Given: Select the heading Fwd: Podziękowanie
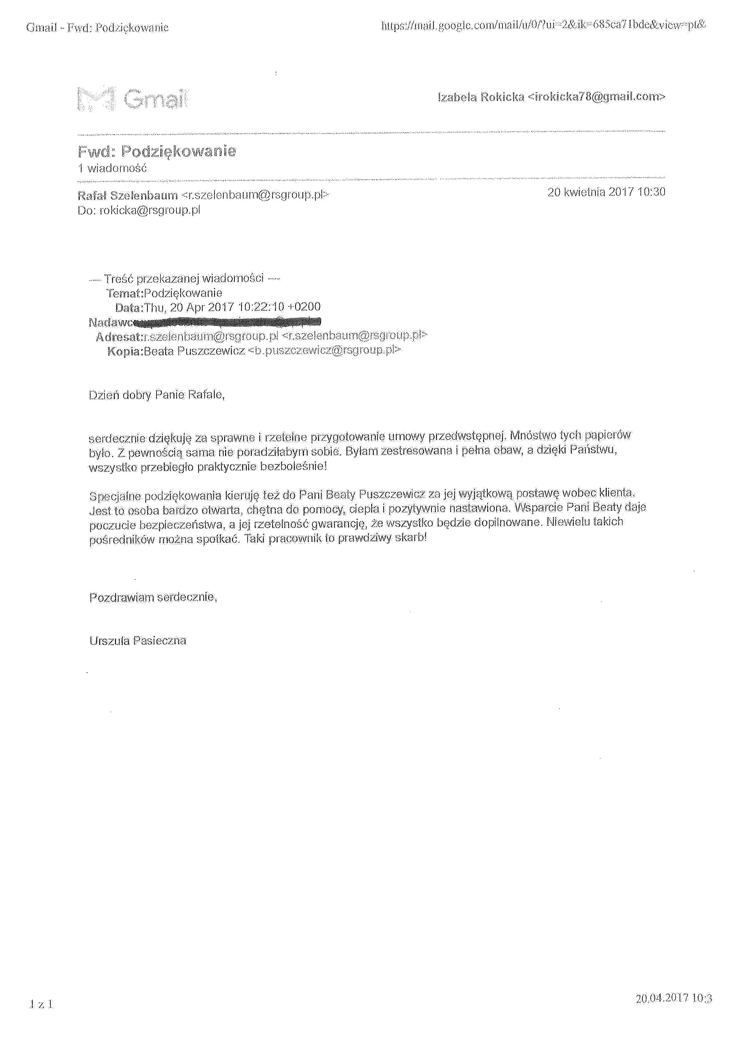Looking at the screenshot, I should (x=157, y=151).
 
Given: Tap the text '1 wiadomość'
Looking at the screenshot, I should (x=113, y=168).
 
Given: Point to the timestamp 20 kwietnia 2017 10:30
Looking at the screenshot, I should (x=606, y=192).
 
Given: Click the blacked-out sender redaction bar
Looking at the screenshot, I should (x=227, y=322).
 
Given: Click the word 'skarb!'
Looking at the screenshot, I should (x=412, y=538).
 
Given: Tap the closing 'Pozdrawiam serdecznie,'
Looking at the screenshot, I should (x=153, y=597).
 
